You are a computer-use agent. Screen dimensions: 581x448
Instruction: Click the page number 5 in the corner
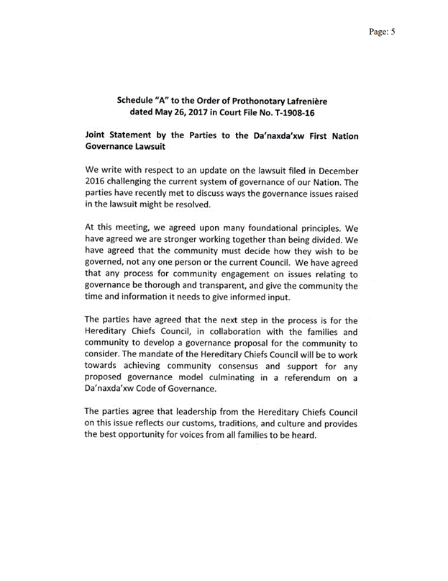(x=393, y=31)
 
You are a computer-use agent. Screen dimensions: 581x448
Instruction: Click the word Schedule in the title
(x=138, y=100)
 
